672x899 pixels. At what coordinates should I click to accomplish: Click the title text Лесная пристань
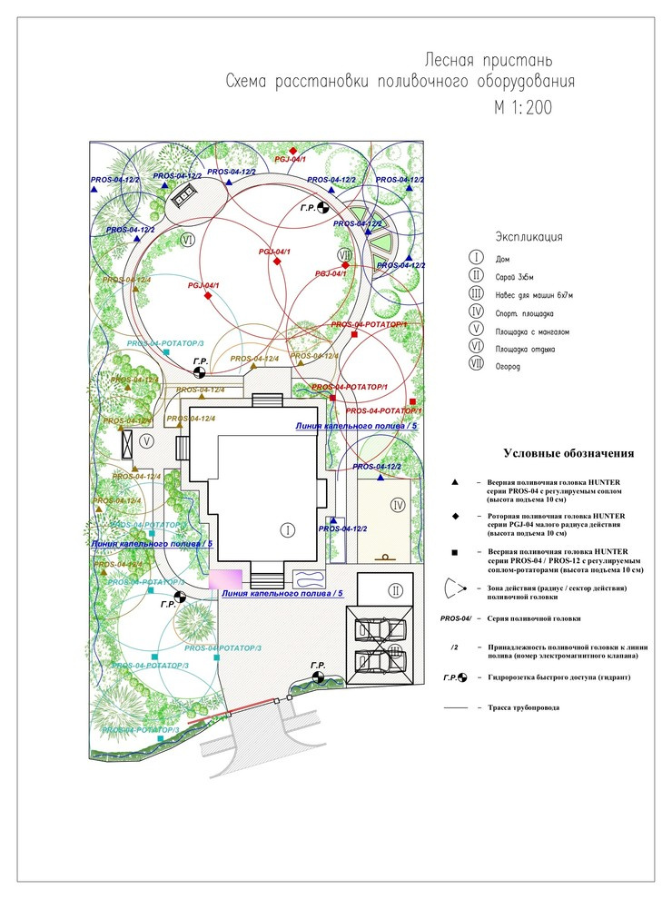(489, 61)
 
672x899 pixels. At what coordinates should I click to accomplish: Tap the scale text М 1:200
(523, 107)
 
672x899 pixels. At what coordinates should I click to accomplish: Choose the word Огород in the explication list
(509, 367)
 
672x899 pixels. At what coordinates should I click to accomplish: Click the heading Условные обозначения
(568, 453)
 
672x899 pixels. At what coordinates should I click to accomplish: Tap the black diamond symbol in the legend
(455, 519)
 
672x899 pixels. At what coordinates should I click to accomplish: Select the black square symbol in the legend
(455, 551)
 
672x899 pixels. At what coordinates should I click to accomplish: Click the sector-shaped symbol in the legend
(454, 588)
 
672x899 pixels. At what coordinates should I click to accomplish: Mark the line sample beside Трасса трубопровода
(455, 706)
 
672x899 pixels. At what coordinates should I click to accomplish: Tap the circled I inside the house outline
(286, 529)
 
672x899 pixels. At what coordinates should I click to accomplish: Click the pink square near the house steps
(225, 580)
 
